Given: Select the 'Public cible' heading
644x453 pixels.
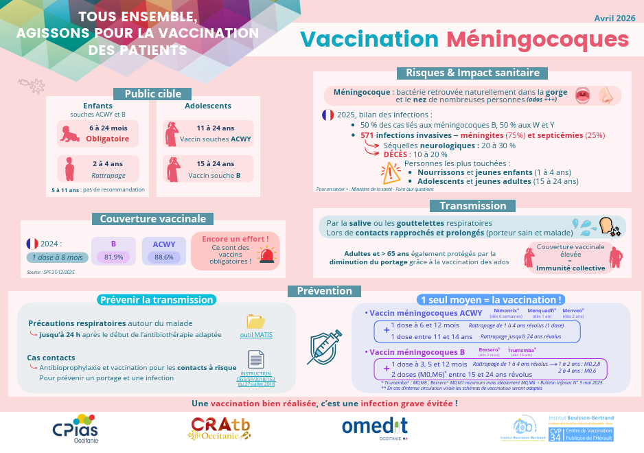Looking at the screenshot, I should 152,94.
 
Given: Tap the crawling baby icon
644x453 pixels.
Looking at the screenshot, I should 69,133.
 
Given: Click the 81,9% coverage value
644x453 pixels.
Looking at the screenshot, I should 113,257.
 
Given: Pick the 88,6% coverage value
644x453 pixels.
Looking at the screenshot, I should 164,257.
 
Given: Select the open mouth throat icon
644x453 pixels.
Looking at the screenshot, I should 583,95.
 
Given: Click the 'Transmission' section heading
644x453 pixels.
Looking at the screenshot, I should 473,205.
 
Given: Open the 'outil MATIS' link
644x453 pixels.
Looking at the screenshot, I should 256,335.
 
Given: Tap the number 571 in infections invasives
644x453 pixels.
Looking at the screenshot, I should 367,136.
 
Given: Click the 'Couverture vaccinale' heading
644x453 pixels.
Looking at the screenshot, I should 153,219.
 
